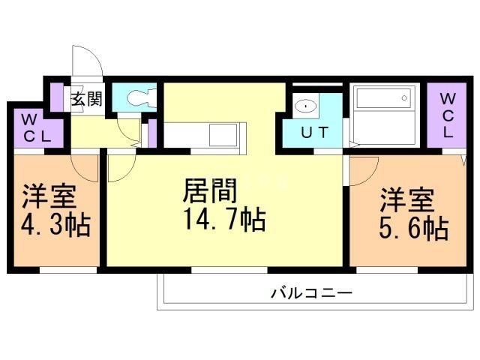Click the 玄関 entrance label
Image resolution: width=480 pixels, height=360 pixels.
click(x=87, y=98)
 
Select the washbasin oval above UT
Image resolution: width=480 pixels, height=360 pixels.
click(x=305, y=106)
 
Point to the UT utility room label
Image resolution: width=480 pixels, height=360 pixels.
click(x=314, y=133)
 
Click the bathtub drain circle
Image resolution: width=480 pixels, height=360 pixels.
click(x=404, y=98)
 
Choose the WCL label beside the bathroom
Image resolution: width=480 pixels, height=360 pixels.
click(x=448, y=115)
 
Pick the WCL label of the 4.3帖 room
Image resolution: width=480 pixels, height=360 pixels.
click(x=37, y=128)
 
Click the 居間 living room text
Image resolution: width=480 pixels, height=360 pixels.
click(x=210, y=190)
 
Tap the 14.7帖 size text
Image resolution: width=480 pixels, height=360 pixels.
click(x=224, y=219)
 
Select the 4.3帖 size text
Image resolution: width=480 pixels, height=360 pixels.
click(x=55, y=225)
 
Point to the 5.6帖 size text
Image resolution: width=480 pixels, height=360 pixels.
click(x=414, y=228)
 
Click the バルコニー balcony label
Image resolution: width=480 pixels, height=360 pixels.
click(x=312, y=293)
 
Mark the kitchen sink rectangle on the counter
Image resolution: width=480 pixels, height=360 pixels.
click(x=223, y=135)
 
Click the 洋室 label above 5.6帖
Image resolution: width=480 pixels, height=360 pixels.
click(x=407, y=200)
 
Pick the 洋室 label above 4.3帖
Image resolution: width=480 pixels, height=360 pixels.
click(x=49, y=196)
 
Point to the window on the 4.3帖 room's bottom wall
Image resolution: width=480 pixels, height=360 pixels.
click(x=68, y=270)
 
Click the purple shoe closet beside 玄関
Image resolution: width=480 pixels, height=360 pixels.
click(x=57, y=97)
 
